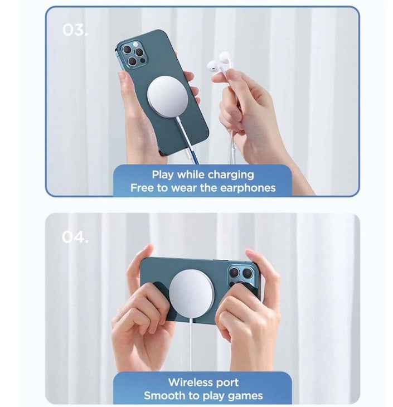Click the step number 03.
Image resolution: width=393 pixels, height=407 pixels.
(75, 30)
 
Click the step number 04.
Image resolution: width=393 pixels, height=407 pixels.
(75, 237)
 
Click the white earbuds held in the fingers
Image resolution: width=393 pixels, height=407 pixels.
(219, 63)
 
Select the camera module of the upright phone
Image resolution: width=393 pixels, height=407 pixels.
(134, 55)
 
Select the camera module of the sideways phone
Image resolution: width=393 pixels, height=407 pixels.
(241, 276)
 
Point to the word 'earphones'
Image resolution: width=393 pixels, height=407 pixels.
(248, 188)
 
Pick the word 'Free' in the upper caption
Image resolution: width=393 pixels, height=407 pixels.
(140, 188)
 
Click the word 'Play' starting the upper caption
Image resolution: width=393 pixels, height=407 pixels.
(163, 175)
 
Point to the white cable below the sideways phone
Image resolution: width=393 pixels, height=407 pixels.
(191, 346)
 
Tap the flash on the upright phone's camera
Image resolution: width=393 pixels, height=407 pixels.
(135, 45)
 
